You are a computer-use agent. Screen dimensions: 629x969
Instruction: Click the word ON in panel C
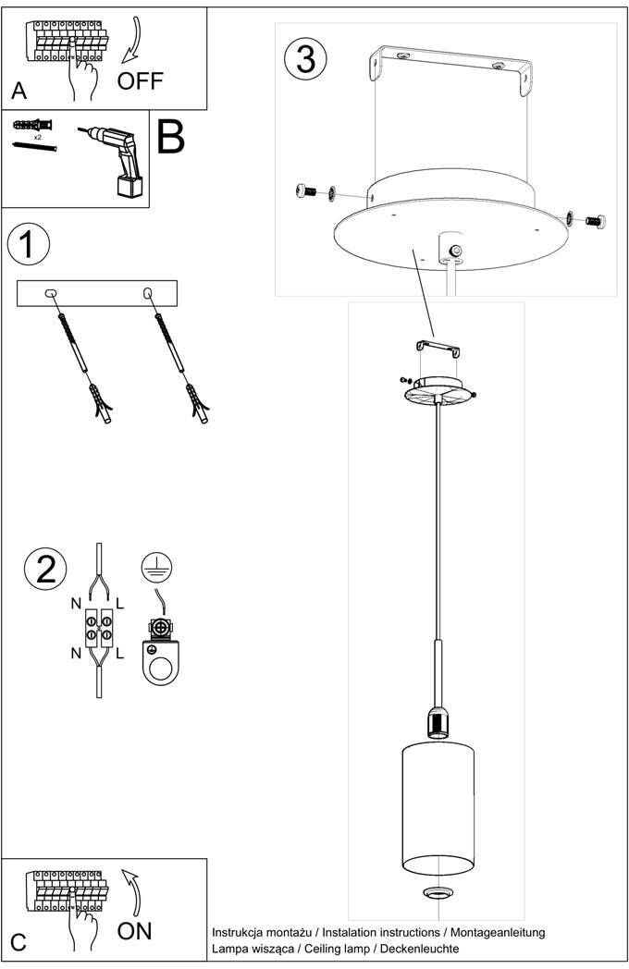pyautogui.click(x=135, y=930)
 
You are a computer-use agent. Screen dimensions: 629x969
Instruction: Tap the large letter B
pyautogui.click(x=171, y=136)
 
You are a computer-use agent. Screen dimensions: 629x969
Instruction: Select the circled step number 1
pyautogui.click(x=27, y=244)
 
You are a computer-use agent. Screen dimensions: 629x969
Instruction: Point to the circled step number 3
pyautogui.click(x=306, y=58)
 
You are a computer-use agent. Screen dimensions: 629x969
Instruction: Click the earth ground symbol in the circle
pyautogui.click(x=159, y=569)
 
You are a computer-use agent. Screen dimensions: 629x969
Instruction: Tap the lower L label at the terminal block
pyautogui.click(x=120, y=653)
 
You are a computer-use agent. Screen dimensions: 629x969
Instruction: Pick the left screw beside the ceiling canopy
pyautogui.click(x=307, y=191)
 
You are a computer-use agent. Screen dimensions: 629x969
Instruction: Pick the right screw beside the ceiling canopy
pyautogui.click(x=592, y=220)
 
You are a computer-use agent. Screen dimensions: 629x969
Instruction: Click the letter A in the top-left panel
pyautogui.click(x=18, y=92)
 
